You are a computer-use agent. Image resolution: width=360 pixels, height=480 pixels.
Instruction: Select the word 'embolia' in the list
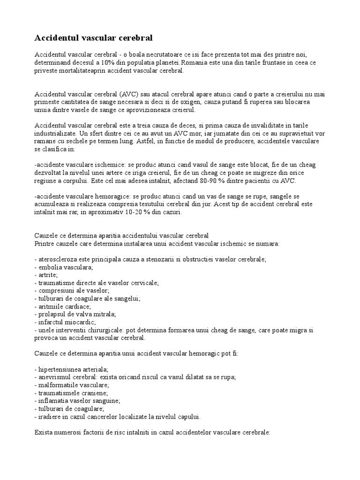click(x=49, y=267)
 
